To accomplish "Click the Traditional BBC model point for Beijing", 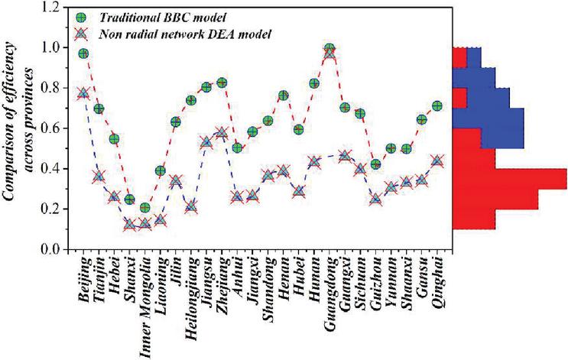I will coord(83,54).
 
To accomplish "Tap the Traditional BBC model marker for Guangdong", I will coord(329,49).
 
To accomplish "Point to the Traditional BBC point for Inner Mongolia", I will coord(145,208).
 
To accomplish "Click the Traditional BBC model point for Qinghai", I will coord(437,106).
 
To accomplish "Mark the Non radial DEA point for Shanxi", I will coord(130,225).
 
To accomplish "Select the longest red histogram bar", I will coord(509,178).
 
